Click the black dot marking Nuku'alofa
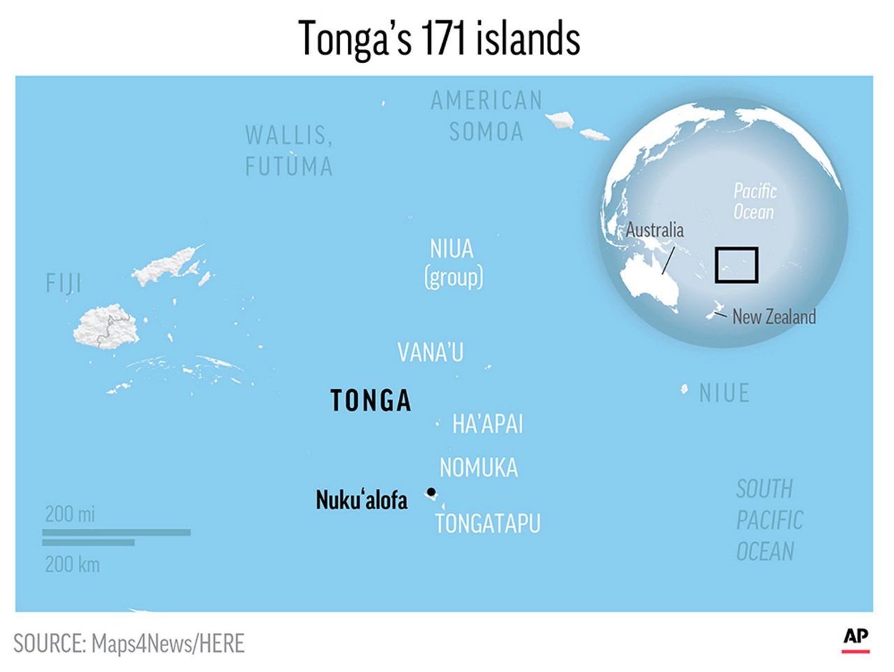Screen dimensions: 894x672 point(431,492)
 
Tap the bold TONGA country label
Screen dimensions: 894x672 point(370,401)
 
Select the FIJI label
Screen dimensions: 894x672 point(64,284)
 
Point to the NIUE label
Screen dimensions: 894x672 point(724,393)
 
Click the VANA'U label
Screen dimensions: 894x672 point(430,353)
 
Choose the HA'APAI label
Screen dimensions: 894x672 point(488,424)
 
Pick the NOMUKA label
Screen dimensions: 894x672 point(478,467)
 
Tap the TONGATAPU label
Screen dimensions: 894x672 point(488,524)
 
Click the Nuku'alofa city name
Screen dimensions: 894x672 point(361,500)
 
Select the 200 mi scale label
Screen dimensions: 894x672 point(70,514)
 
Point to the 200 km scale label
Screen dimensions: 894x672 point(72,564)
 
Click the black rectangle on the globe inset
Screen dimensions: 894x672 point(736,265)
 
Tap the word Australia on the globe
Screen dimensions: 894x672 point(654,230)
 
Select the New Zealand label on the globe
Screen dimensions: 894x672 point(774,317)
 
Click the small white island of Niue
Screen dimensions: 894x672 point(684,389)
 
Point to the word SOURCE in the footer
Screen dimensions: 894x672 point(47,643)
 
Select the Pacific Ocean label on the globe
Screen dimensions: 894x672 point(754,201)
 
